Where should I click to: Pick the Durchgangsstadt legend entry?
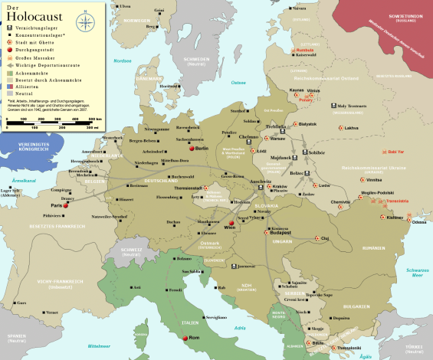pyautogui.click(x=34, y=49)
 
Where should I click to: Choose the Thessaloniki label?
pyautogui.click(x=349, y=347)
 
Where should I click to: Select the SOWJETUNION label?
pyautogui.click(x=405, y=16)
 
